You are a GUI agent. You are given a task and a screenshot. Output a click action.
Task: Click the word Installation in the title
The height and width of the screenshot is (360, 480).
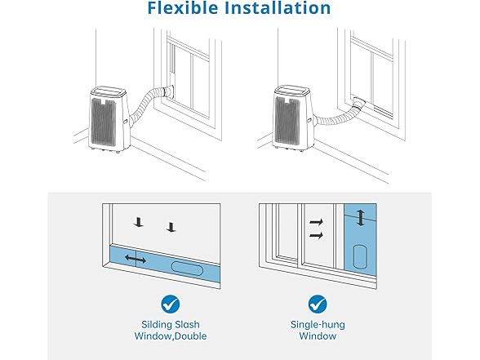click(x=278, y=7)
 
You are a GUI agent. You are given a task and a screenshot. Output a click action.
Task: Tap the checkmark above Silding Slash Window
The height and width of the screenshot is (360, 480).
click(x=170, y=304)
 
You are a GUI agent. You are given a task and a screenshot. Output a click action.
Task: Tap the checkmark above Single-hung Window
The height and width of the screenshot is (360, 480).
click(x=318, y=304)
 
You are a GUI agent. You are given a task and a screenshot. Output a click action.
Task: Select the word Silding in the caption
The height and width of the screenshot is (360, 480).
click(x=157, y=325)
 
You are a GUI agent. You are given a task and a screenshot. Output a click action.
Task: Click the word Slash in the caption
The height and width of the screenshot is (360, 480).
click(x=187, y=324)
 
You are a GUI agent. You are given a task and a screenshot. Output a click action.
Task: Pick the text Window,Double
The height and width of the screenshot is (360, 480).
click(x=170, y=336)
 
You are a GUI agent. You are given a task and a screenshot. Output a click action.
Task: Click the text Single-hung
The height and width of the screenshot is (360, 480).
click(x=318, y=325)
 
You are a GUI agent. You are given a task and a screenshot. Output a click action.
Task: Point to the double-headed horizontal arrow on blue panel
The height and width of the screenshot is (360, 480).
click(x=136, y=259)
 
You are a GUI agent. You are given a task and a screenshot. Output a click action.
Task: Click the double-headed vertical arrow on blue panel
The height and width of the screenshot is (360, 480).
click(x=361, y=217)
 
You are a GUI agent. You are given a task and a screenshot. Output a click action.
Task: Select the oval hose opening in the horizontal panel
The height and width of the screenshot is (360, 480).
click(x=187, y=268)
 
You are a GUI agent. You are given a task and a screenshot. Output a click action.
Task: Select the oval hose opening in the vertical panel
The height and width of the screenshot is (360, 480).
click(x=359, y=256)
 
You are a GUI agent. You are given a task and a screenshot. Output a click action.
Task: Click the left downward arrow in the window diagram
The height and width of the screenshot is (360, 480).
click(x=139, y=222)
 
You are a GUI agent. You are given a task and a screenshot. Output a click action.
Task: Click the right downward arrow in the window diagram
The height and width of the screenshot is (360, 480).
click(x=171, y=227)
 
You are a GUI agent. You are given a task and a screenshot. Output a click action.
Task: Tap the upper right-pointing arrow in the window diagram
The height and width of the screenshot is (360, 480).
click(x=316, y=222)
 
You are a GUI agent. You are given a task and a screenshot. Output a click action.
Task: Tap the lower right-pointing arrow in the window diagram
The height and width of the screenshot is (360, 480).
click(x=316, y=235)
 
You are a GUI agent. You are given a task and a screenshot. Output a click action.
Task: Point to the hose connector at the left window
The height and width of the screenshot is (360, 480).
click(x=169, y=91)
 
